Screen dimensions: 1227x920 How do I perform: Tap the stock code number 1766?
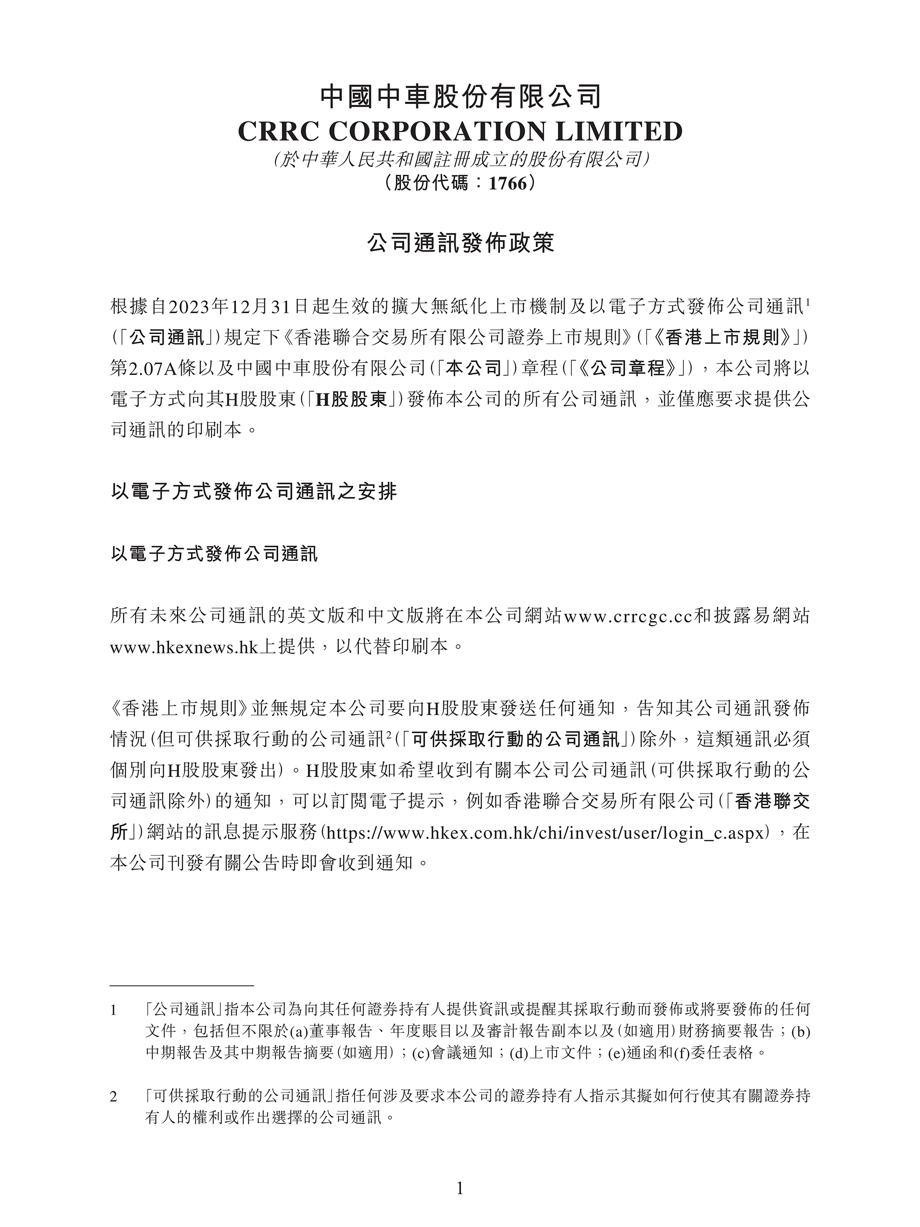tap(507, 183)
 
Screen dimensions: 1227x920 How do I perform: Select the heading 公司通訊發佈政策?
tap(460, 243)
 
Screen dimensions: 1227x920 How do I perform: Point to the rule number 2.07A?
tap(149, 369)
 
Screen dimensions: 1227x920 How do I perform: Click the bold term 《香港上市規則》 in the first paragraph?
tap(733, 337)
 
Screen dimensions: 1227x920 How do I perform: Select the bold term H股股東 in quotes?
tap(351, 399)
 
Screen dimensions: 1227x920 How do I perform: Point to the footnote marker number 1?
tap(114, 1011)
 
